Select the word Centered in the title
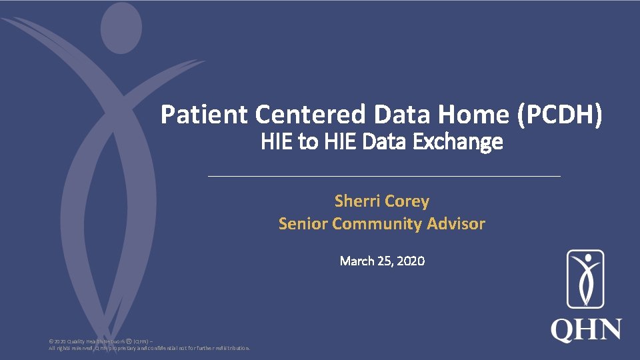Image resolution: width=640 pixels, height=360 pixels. [x=310, y=115]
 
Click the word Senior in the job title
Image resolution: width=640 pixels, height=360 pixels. [x=303, y=223]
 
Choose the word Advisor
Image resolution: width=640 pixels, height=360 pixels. [x=457, y=223]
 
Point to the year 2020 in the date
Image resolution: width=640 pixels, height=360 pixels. [x=410, y=261]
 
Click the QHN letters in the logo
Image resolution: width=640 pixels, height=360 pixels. [x=586, y=330]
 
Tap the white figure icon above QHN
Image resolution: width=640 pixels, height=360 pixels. [x=585, y=279]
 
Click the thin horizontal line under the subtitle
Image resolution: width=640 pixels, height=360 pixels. [x=385, y=177]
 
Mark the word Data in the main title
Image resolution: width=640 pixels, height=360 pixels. [x=399, y=115]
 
